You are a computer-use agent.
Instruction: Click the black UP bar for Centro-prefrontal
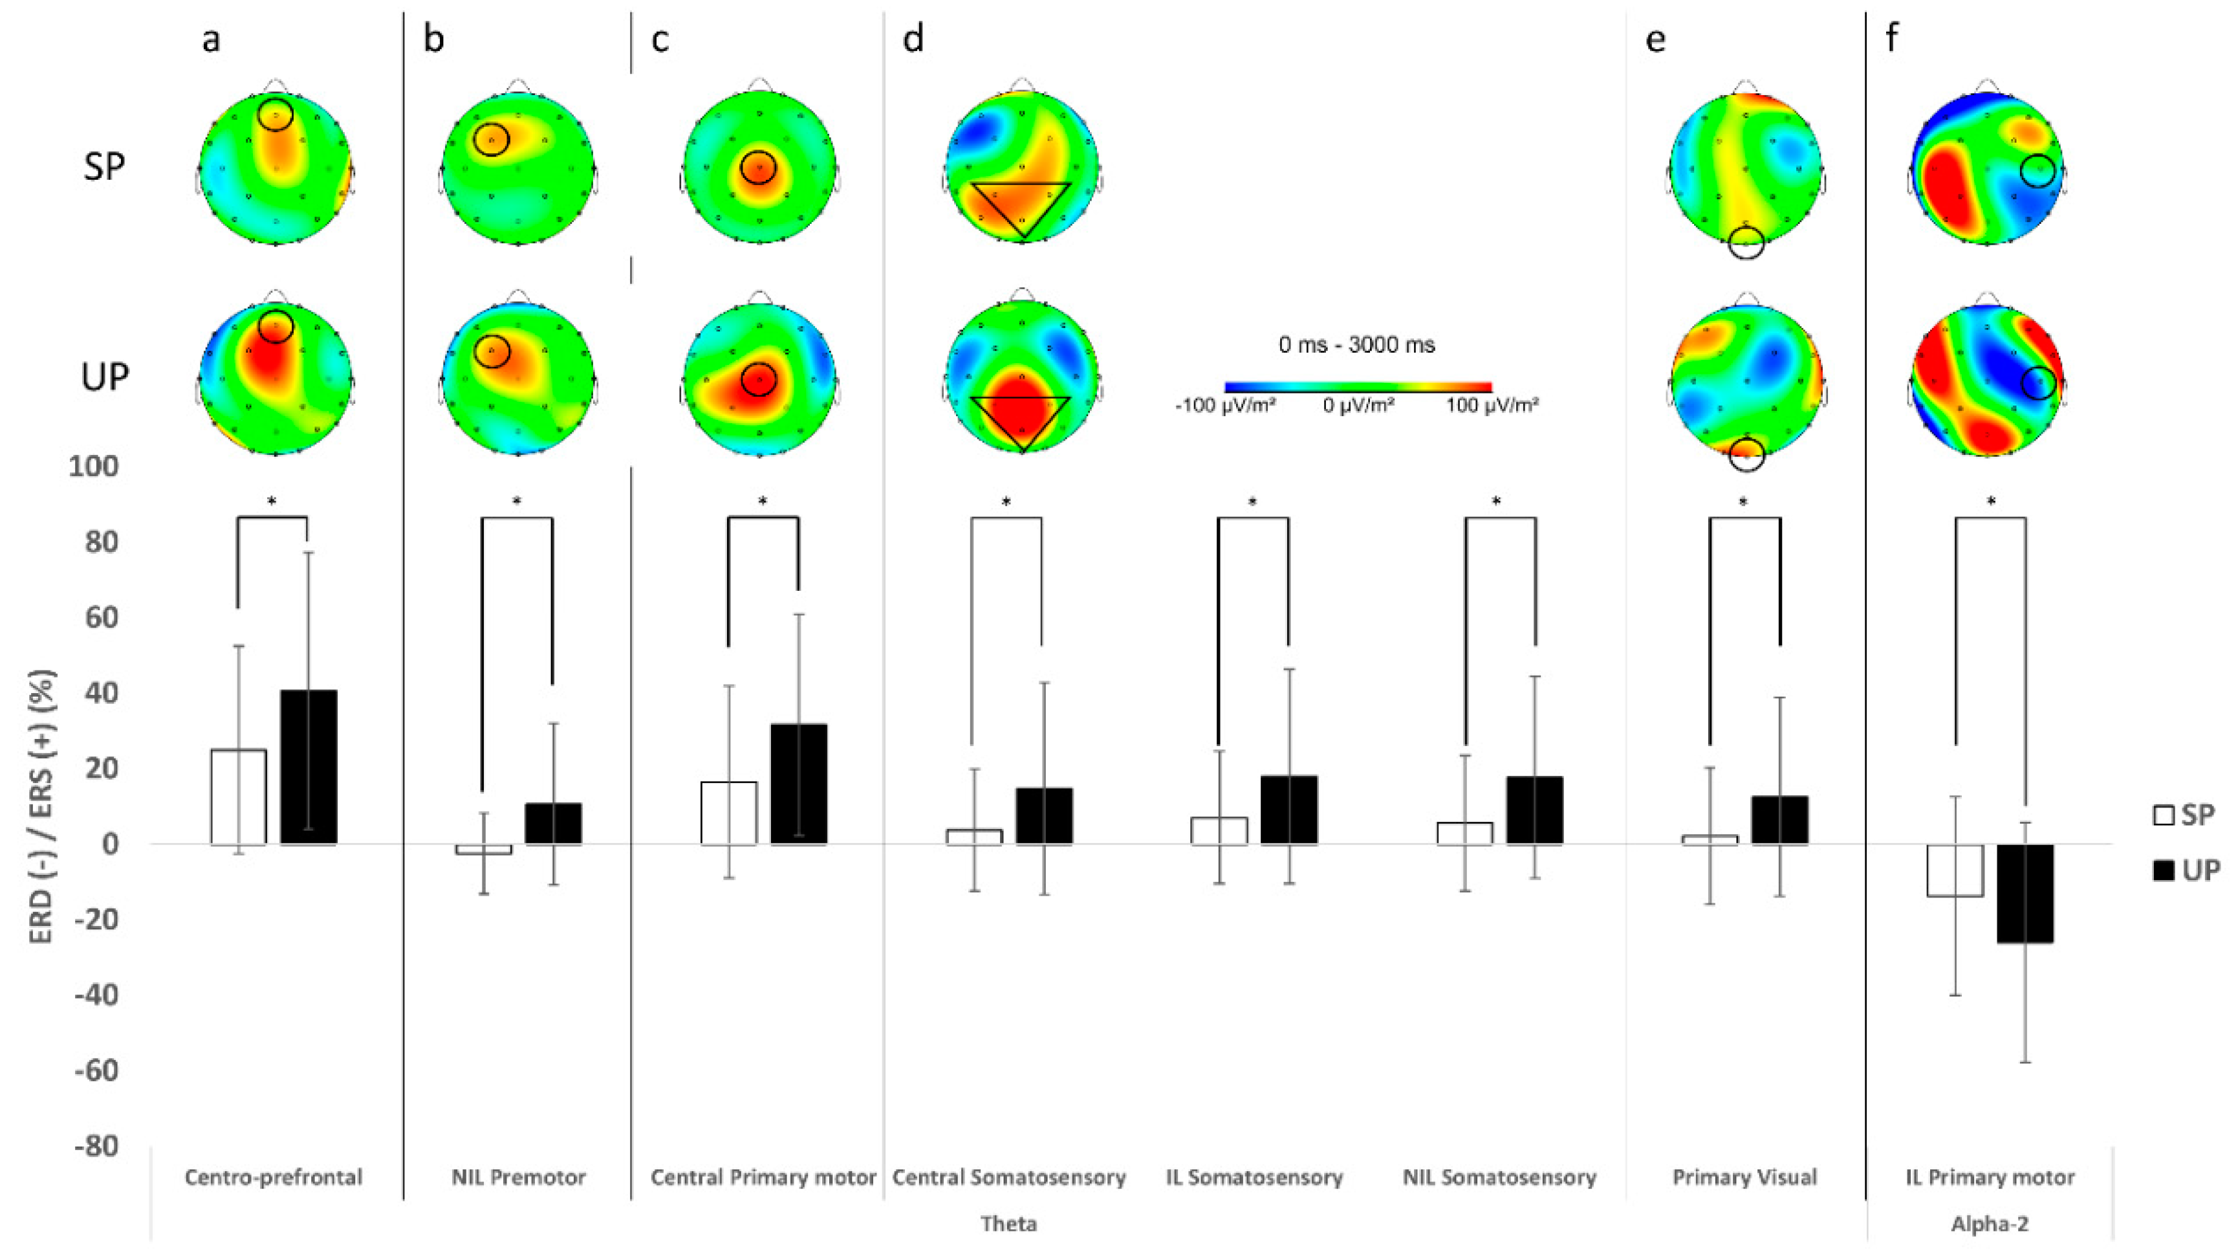[x=309, y=767]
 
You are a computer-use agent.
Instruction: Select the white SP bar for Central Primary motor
[x=728, y=813]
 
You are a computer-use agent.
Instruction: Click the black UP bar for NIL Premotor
[x=554, y=823]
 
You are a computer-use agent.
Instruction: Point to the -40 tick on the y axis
[x=96, y=995]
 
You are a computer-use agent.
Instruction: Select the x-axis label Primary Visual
[x=1744, y=1178]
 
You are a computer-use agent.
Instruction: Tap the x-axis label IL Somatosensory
[x=1254, y=1178]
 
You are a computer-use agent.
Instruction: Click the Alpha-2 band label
[x=1990, y=1224]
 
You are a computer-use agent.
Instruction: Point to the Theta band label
[x=1008, y=1224]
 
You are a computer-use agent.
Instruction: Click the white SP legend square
[x=2162, y=816]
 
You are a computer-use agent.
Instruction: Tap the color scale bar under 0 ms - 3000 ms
[x=1358, y=387]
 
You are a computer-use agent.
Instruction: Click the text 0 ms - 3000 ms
[x=1356, y=345]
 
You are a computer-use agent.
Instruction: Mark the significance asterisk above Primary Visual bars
[x=1744, y=502]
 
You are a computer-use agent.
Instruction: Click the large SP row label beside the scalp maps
[x=104, y=167]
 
